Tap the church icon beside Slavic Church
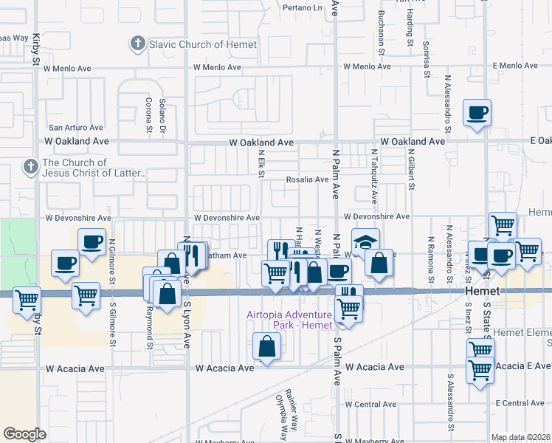pyautogui.click(x=137, y=44)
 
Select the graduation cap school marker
pyautogui.click(x=365, y=242)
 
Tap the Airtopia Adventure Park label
pyautogui.click(x=289, y=320)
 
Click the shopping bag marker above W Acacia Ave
pyautogui.click(x=267, y=346)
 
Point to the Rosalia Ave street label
pyautogui.click(x=307, y=179)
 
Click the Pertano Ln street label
pyautogui.click(x=303, y=8)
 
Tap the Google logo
pyautogui.click(x=24, y=433)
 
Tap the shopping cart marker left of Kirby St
pyautogui.click(x=27, y=300)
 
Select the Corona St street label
pyautogui.click(x=149, y=115)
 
